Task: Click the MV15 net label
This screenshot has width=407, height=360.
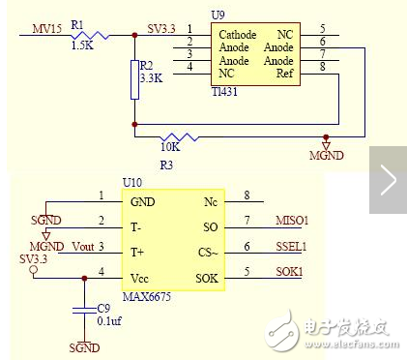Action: tap(46, 28)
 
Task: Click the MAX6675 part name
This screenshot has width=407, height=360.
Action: tap(147, 295)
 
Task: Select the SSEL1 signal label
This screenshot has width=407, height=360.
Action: tap(292, 247)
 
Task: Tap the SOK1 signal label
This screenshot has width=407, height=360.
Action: tap(289, 272)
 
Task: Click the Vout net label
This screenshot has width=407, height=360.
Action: tap(84, 246)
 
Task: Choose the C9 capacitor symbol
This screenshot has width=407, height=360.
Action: tap(81, 309)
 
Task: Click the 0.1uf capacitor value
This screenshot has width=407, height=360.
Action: tap(109, 321)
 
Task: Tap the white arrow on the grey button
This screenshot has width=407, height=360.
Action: tap(389, 178)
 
